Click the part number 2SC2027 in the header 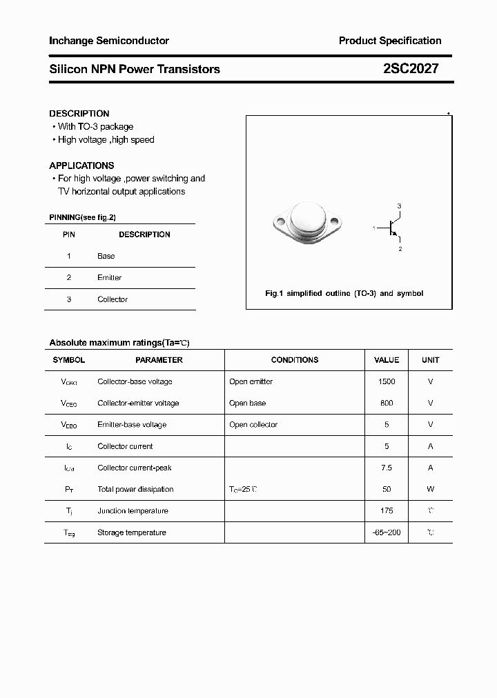(410, 69)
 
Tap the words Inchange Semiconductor (108, 41)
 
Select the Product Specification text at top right (390, 41)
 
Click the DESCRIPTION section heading (79, 113)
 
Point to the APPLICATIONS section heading (81, 166)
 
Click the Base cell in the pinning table (106, 256)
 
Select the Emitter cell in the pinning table (109, 277)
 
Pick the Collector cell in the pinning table (113, 299)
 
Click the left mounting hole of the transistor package (280, 222)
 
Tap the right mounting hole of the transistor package (335, 222)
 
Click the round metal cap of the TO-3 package (307, 219)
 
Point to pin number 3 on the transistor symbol (399, 206)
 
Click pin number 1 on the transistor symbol (374, 228)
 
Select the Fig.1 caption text (344, 293)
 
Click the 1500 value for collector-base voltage (387, 381)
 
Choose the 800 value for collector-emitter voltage (387, 403)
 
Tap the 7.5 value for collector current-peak (387, 468)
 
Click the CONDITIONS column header (295, 360)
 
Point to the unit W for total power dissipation (430, 489)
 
